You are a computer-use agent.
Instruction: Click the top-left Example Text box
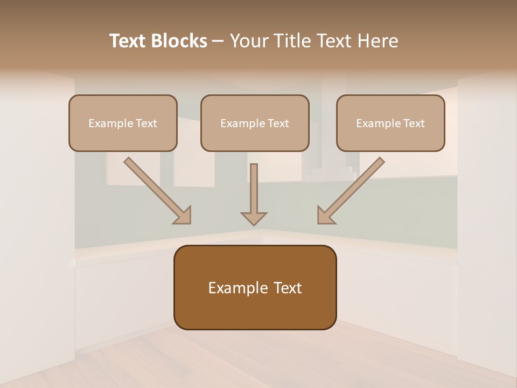[123, 123]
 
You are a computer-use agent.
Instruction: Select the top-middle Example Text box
[255, 123]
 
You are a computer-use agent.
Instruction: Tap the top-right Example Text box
[390, 123]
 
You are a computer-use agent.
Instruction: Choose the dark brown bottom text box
[255, 287]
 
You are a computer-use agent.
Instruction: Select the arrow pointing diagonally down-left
[353, 189]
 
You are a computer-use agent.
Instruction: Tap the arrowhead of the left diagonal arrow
[183, 215]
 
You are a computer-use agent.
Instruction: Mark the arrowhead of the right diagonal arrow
[325, 216]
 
